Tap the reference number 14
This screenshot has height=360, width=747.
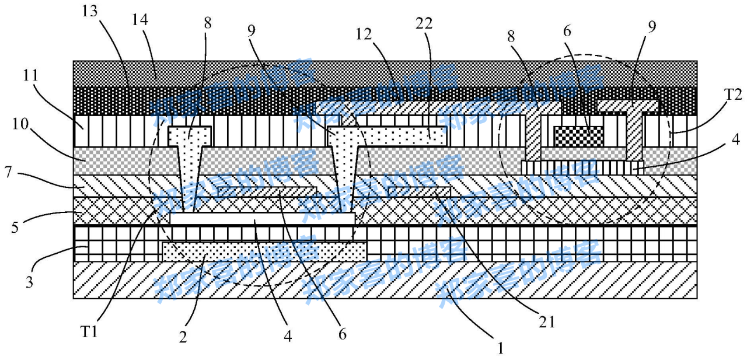tap(140, 20)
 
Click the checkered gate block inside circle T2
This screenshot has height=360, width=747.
tap(578, 136)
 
